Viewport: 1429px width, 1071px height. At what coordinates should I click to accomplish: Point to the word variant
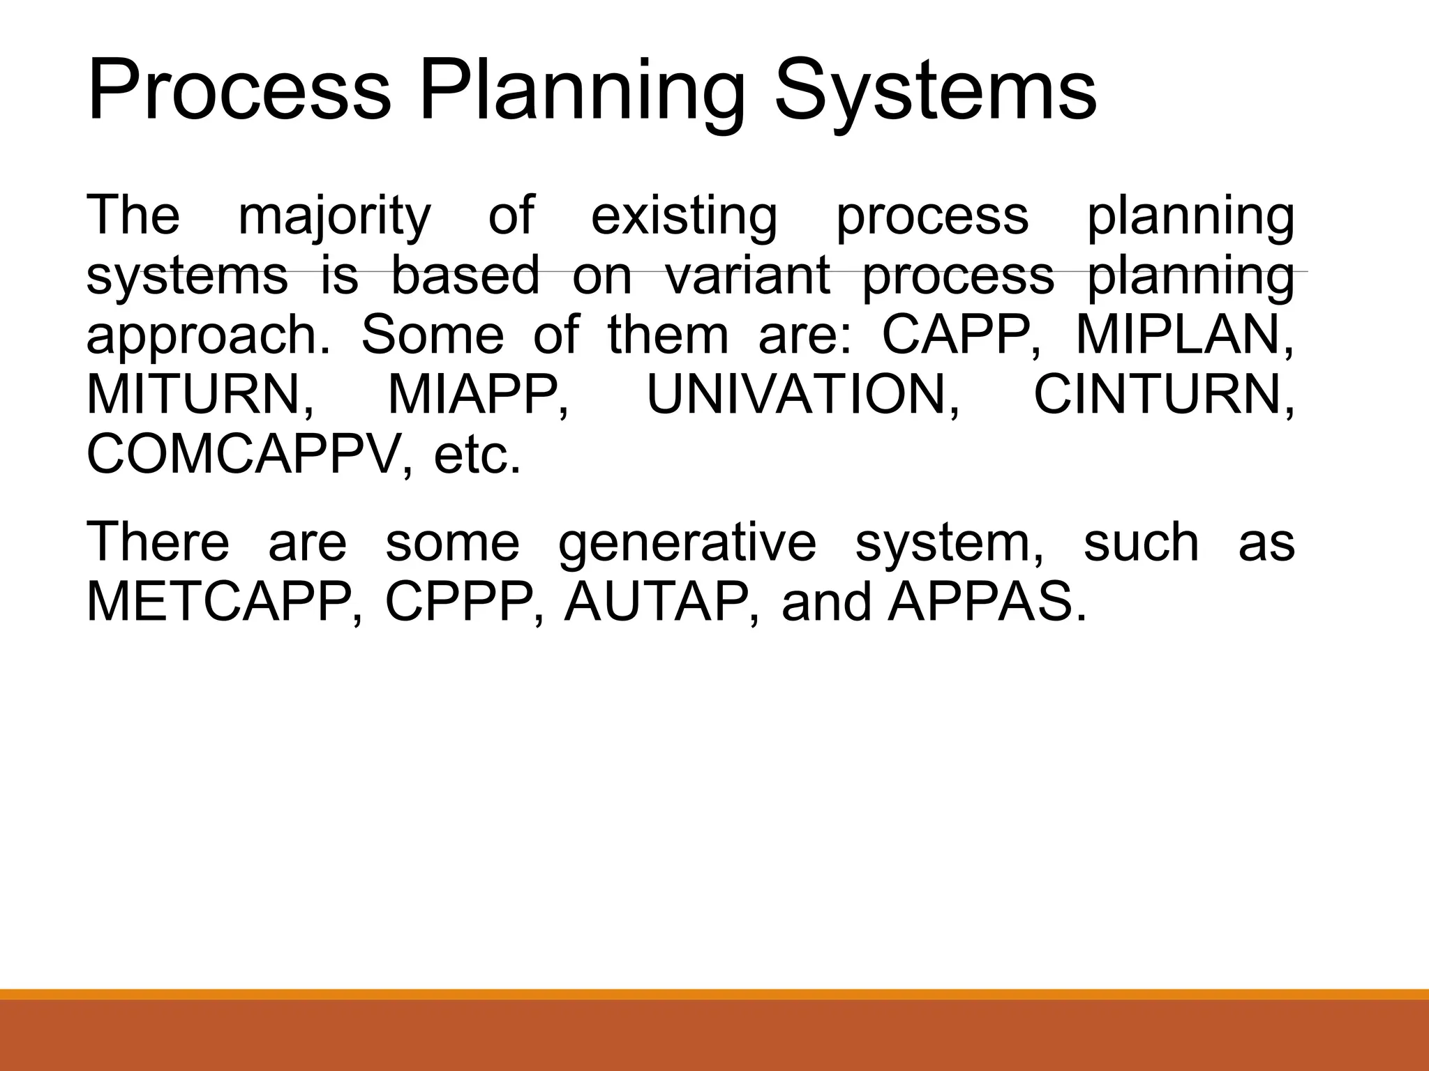click(747, 276)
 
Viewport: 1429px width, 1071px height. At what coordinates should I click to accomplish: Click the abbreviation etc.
click(477, 455)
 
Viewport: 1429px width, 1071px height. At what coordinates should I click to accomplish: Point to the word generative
click(687, 544)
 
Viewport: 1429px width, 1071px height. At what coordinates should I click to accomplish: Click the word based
click(465, 276)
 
